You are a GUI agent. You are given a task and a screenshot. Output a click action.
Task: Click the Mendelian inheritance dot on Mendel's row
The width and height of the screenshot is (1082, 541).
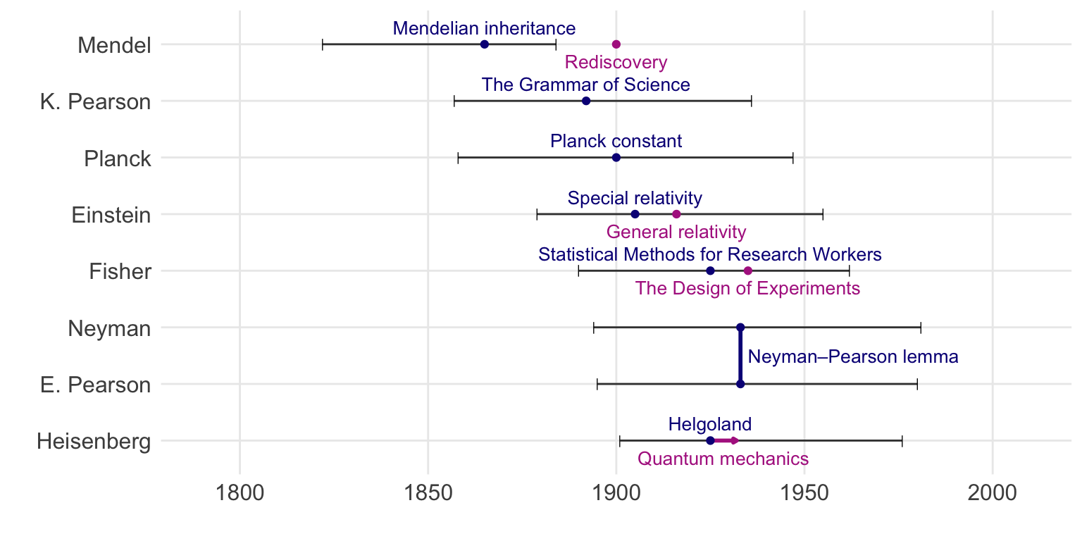tap(485, 44)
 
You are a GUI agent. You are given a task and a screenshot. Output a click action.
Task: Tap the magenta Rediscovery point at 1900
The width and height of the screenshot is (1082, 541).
tap(616, 44)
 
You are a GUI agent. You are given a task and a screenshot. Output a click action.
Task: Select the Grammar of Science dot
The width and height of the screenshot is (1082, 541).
tap(586, 101)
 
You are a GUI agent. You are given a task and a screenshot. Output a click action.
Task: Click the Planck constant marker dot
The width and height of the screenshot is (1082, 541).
tap(616, 158)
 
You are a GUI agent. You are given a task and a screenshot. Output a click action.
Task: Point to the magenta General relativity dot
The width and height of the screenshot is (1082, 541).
tap(676, 214)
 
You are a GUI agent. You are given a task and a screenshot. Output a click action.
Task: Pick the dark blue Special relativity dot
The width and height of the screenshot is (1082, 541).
tap(635, 214)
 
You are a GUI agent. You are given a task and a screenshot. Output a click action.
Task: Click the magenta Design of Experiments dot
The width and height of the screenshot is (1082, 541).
tap(747, 271)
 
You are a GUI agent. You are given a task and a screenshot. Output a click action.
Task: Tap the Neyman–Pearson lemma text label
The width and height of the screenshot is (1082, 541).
tap(852, 357)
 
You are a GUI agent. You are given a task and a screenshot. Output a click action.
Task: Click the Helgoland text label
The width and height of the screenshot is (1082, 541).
tap(710, 425)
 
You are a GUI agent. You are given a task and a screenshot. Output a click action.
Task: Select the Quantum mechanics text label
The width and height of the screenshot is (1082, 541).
tap(723, 459)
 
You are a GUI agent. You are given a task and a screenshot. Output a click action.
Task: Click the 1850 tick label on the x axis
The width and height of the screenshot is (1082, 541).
tap(428, 492)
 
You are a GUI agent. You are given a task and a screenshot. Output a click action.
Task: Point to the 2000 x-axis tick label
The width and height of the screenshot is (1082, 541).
tap(992, 492)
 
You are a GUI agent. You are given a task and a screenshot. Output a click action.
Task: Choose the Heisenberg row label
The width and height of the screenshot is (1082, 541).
tap(94, 442)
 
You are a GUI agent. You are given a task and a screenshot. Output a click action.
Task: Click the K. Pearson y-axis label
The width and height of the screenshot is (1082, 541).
tap(96, 102)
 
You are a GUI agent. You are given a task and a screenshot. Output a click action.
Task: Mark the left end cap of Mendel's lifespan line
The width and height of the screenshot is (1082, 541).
tap(323, 44)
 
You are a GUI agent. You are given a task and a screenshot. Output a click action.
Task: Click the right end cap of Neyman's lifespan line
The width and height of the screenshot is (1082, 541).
tap(921, 328)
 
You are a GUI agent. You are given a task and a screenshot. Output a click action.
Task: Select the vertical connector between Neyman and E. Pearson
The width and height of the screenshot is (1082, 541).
tap(740, 356)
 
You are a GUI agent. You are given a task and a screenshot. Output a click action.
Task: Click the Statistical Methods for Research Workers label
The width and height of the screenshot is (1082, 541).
tap(710, 254)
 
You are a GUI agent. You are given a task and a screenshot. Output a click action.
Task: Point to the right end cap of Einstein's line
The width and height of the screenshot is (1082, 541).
tap(823, 214)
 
